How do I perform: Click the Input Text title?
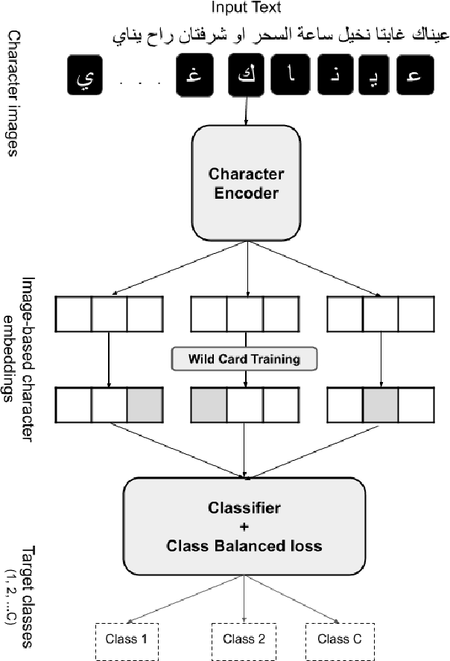(x=246, y=7)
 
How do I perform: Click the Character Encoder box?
(x=246, y=184)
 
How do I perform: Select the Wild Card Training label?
(x=244, y=359)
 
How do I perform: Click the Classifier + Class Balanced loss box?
(x=244, y=527)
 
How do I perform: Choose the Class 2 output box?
(x=245, y=638)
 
